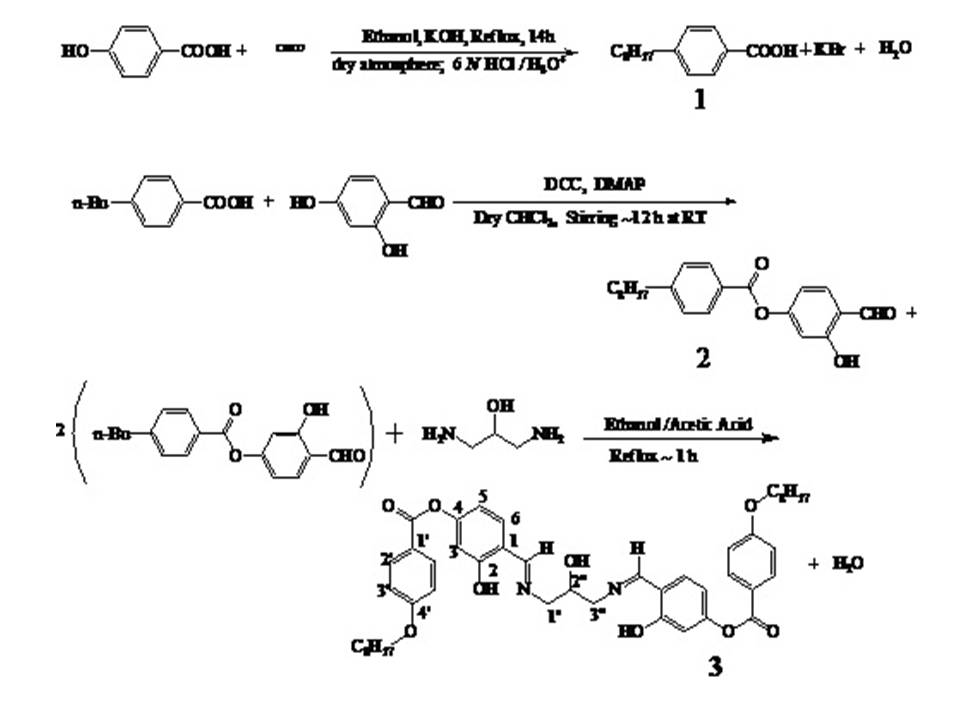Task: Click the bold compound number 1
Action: click(699, 100)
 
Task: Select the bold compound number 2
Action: click(703, 357)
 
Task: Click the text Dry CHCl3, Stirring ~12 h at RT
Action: click(590, 219)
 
